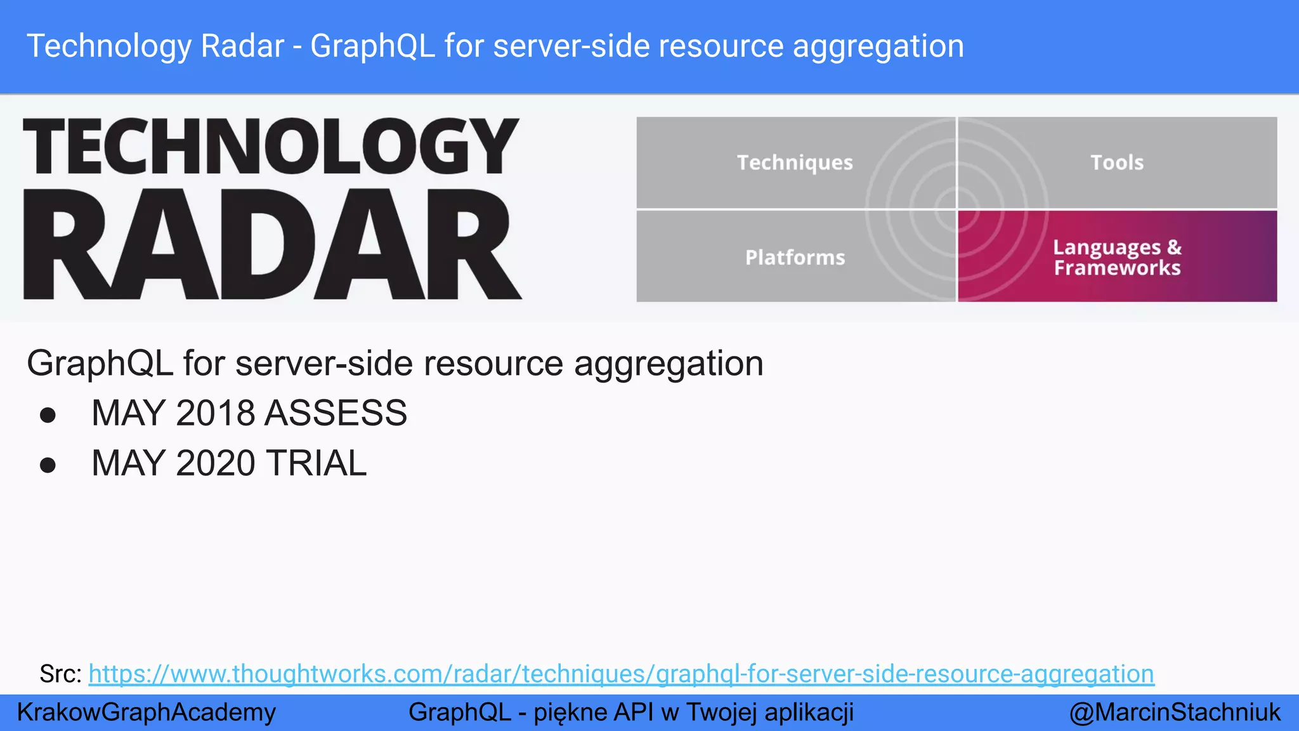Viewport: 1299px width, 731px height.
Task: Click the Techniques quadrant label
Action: (795, 162)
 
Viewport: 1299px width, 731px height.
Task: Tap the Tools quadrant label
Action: (1117, 162)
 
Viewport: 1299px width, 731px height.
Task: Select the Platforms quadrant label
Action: (795, 257)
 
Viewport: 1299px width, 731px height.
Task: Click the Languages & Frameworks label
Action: (1117, 257)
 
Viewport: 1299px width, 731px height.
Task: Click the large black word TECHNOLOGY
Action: (271, 147)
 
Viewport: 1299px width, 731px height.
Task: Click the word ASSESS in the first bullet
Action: (336, 413)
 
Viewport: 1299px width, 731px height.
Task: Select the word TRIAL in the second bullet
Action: (316, 463)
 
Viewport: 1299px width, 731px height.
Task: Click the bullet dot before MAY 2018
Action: (48, 415)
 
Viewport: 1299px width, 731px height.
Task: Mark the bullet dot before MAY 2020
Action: (48, 465)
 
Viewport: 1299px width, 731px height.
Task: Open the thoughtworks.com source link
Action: (621, 674)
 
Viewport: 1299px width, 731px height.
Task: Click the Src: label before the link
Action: (60, 674)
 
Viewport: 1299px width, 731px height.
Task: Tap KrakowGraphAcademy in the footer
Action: (147, 712)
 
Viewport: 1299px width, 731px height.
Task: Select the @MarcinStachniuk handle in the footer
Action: (1175, 712)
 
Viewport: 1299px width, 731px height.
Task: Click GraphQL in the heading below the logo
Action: (100, 364)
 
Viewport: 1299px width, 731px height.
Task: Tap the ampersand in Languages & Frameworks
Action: (1174, 247)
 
